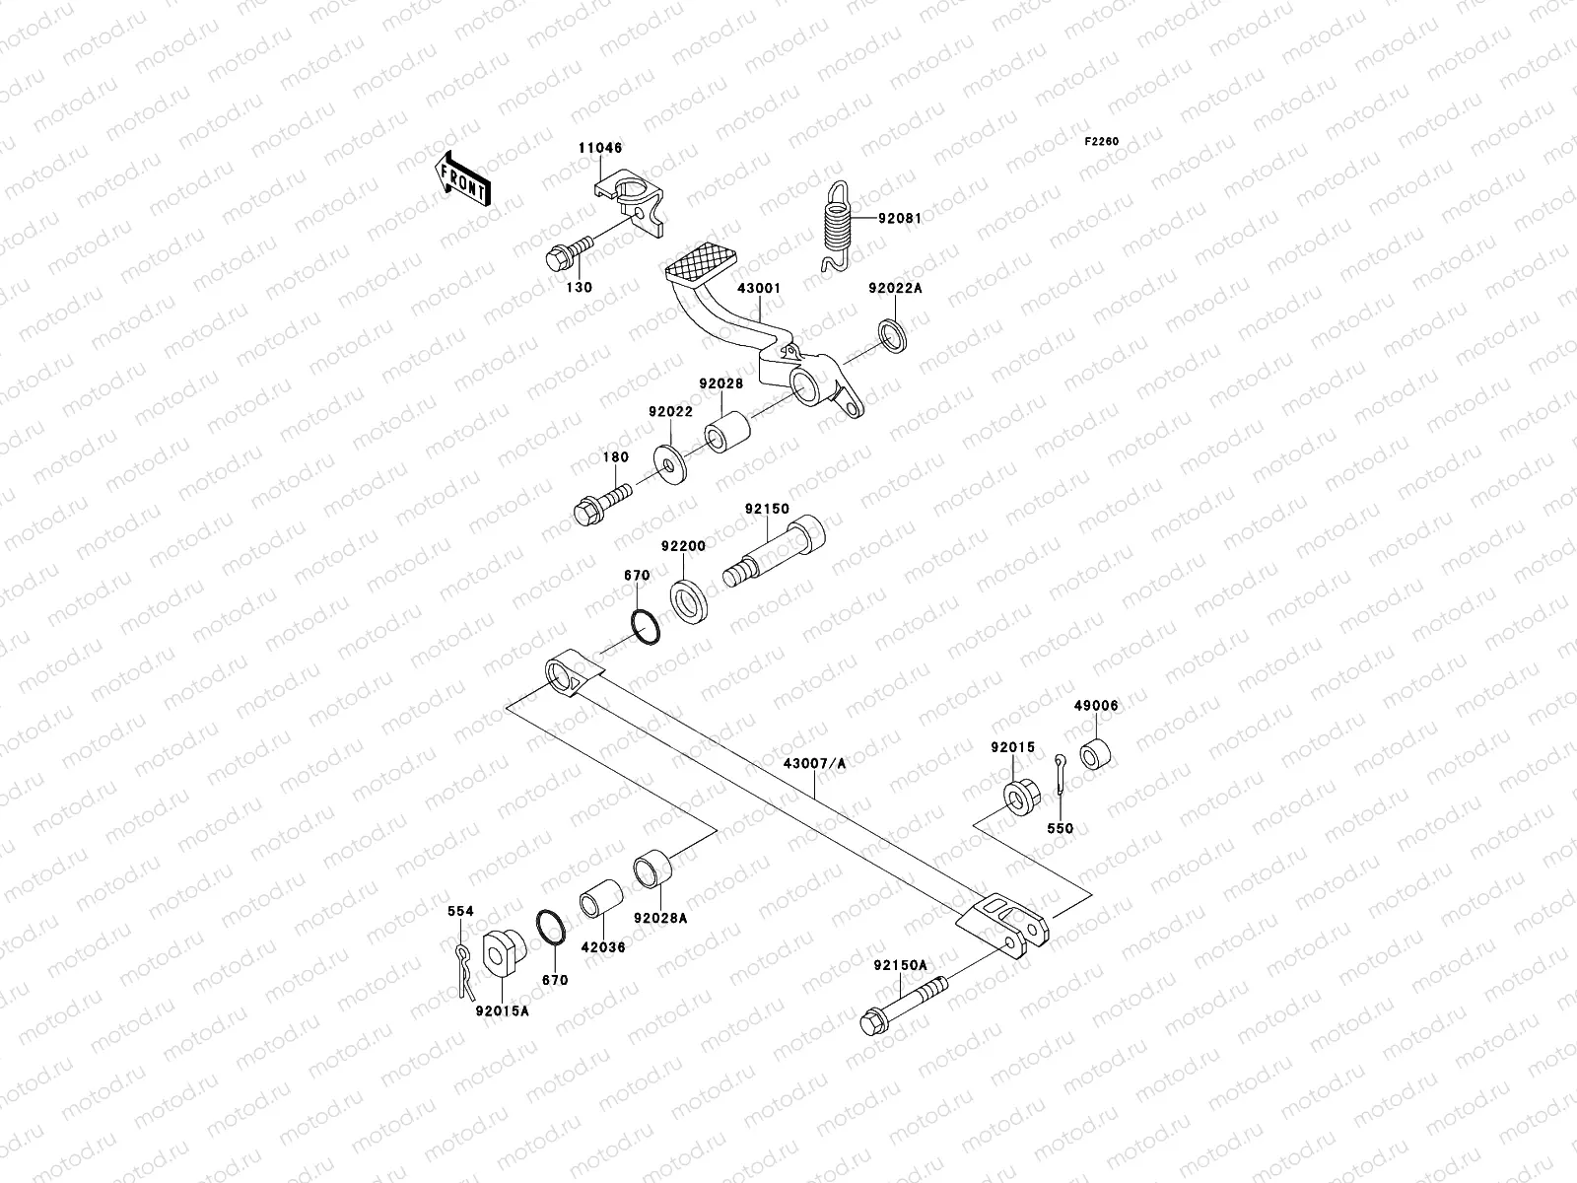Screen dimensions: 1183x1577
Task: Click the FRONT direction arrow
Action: pos(463,179)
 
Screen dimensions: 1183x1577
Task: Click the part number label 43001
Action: pos(759,289)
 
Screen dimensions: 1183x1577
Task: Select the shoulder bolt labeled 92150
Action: pos(778,553)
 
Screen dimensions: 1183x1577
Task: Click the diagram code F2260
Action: pos(1102,142)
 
